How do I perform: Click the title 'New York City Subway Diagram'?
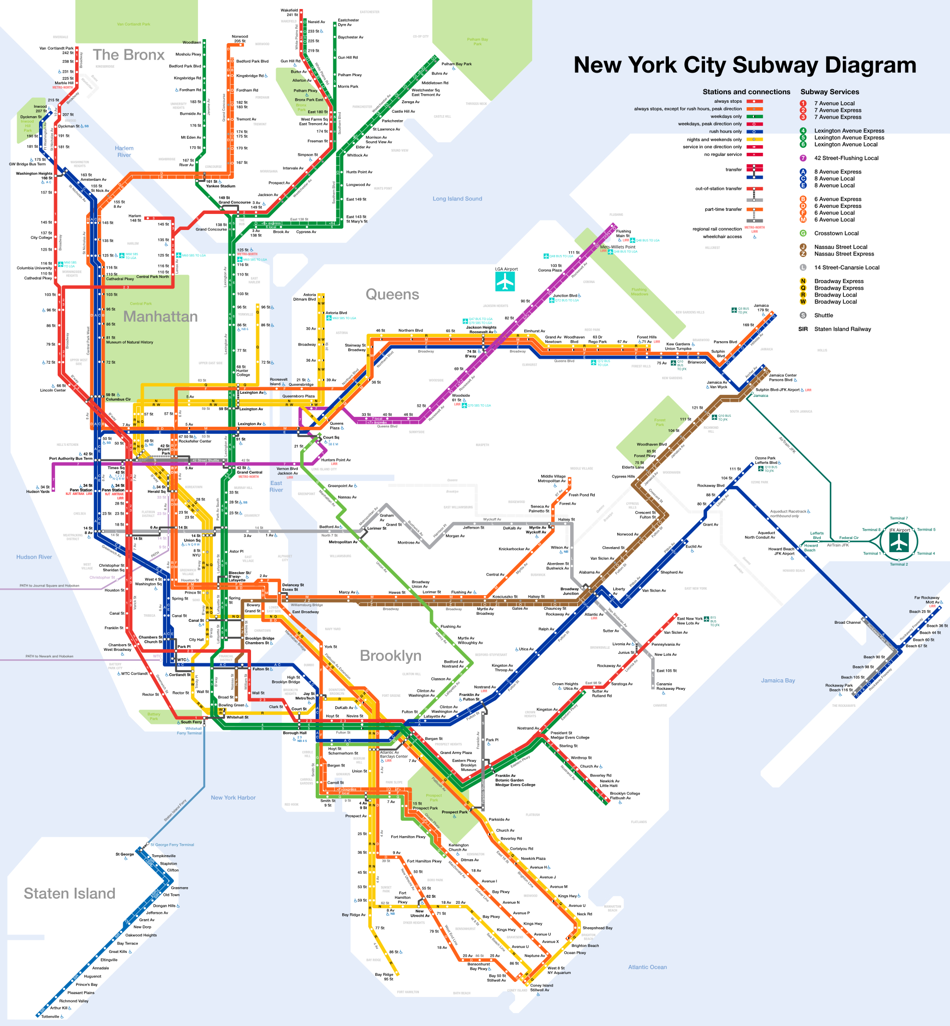[745, 65]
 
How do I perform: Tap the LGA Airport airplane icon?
[505, 281]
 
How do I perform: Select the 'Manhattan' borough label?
[160, 316]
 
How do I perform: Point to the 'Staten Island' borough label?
[70, 893]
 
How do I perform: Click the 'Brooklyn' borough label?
[390, 655]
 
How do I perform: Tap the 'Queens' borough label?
[392, 294]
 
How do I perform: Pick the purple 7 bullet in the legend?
[803, 158]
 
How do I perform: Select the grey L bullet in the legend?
[803, 268]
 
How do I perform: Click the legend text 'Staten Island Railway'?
[843, 329]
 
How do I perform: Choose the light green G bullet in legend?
[803, 233]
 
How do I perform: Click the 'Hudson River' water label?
[34, 557]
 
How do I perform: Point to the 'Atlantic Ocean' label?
[647, 967]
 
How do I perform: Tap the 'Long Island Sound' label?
[457, 198]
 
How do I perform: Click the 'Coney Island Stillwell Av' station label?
[541, 987]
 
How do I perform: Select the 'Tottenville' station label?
[51, 1016]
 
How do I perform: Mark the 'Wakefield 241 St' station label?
[289, 13]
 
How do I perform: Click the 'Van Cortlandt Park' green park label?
[134, 24]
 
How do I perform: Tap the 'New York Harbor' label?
[233, 797]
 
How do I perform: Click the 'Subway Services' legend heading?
[829, 92]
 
